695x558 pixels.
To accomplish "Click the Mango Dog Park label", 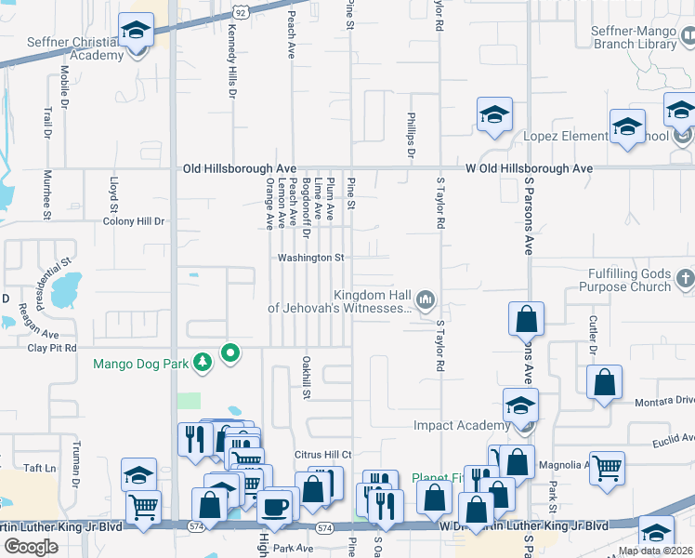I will coord(153,364).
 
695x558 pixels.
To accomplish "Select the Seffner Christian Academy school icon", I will coord(137,32).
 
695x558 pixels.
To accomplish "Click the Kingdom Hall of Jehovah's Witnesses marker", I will coord(426,298).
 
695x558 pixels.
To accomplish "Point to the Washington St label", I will coord(311,258).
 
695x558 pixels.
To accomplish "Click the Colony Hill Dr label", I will coord(133,221).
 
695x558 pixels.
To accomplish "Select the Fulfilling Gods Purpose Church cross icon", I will coord(685,278).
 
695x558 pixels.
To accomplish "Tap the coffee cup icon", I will coord(275,506).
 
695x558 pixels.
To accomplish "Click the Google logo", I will coord(31,547).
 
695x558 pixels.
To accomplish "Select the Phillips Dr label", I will coord(410,136).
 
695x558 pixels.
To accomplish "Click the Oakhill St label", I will coord(305,377).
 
